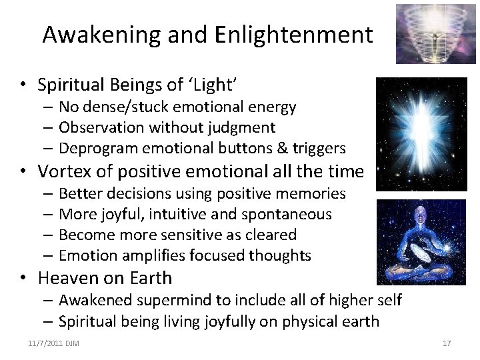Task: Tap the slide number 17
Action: (x=447, y=343)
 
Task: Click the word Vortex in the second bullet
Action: (x=64, y=171)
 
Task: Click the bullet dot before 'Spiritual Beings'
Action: (x=22, y=85)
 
